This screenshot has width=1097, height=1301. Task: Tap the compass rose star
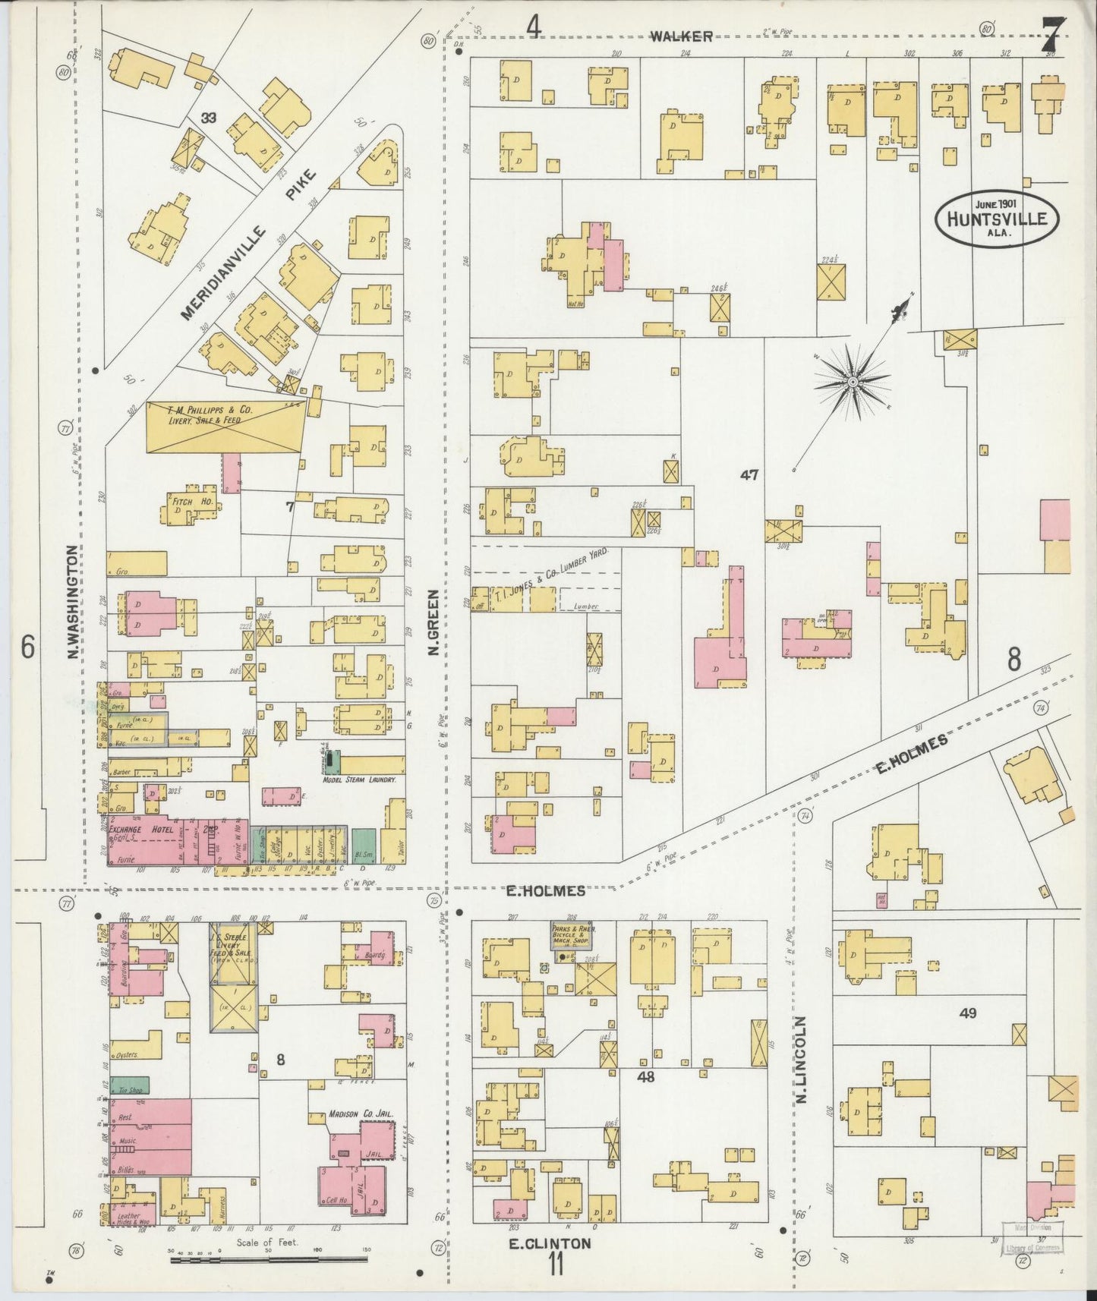click(852, 381)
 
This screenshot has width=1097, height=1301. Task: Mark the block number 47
click(750, 475)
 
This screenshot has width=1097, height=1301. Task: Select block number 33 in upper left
click(209, 117)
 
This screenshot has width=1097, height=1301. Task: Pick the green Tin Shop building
click(130, 1085)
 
